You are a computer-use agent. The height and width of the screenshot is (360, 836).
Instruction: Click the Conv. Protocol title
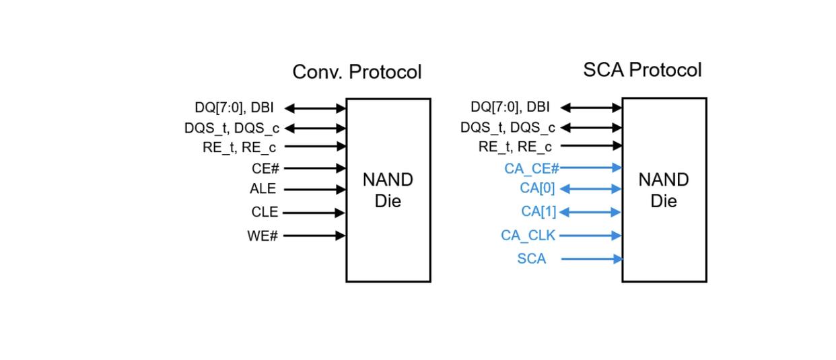[357, 72]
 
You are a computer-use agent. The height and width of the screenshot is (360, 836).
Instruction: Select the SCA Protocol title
[642, 69]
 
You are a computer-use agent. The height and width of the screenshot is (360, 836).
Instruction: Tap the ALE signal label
[263, 189]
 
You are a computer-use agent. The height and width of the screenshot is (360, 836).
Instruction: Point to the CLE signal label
[265, 212]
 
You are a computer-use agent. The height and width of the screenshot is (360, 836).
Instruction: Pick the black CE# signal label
[266, 168]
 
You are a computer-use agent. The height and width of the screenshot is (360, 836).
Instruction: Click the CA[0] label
[537, 188]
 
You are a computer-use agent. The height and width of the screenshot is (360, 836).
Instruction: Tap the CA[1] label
[538, 211]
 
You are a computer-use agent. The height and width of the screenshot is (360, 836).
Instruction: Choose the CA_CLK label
[528, 235]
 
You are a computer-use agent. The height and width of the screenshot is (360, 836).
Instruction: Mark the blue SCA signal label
[532, 258]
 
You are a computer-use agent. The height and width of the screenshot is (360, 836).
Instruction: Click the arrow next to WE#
[314, 236]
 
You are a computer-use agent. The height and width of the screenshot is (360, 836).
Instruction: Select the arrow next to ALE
[314, 190]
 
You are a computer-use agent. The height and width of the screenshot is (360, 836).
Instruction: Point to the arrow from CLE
[314, 213]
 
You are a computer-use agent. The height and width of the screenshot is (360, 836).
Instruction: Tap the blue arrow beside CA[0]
[590, 189]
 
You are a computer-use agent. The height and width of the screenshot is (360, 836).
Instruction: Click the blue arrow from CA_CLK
[590, 236]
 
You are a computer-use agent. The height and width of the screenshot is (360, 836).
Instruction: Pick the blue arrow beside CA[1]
[590, 213]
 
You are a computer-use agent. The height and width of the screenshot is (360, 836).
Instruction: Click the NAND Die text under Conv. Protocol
[388, 190]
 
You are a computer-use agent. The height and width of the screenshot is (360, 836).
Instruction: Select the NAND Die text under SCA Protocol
[664, 190]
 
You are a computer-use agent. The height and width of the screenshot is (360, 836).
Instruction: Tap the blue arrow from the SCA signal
[591, 258]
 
